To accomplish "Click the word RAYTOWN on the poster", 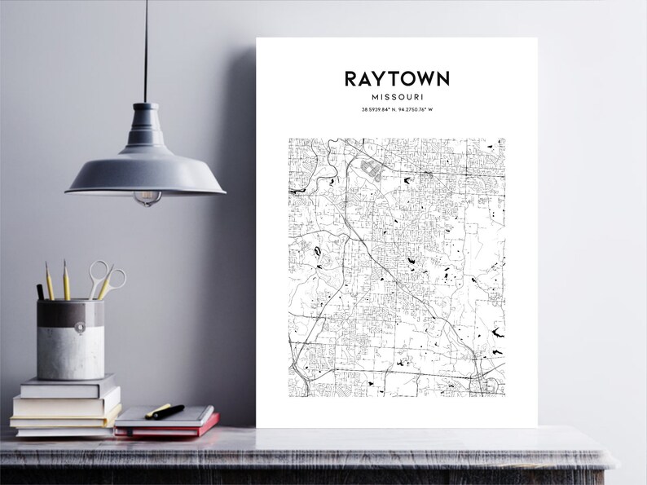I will click(396, 78).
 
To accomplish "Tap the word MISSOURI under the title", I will click(396, 96).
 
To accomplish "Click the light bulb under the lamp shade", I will click(147, 197).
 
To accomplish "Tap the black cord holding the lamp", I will click(147, 49).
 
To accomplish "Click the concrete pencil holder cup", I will click(71, 338).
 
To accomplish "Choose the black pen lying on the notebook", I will click(166, 412).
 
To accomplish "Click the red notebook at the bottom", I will click(167, 428).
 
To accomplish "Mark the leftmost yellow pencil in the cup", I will click(50, 280).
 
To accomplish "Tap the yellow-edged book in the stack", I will click(65, 412).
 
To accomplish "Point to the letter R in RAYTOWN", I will click(351, 78).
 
